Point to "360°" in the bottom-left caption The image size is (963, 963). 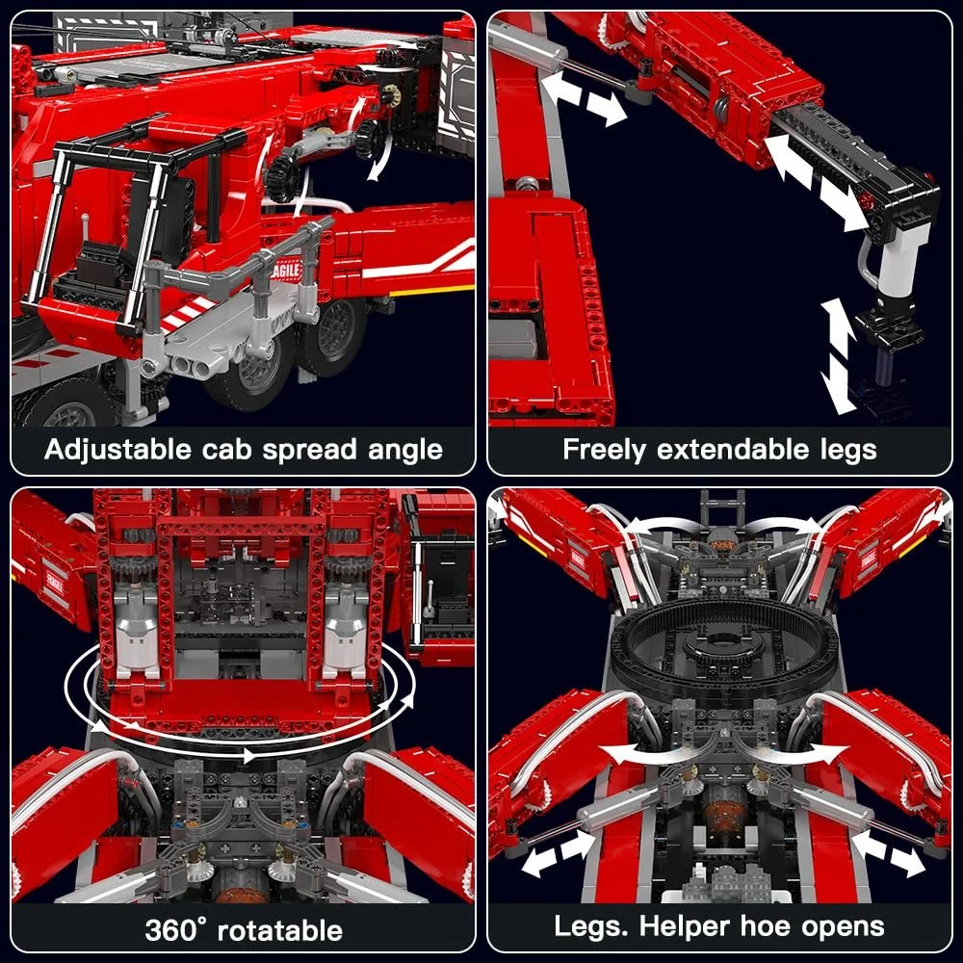(x=175, y=929)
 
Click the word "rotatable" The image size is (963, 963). (x=280, y=929)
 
